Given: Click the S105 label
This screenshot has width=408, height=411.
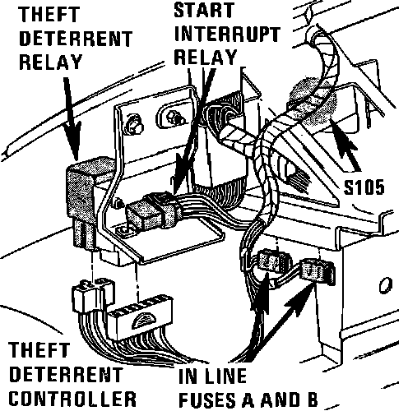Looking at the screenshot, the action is point(364,187).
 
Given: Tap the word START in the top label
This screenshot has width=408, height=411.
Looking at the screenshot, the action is point(204,10).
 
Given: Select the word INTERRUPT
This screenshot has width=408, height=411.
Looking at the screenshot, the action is point(227,35).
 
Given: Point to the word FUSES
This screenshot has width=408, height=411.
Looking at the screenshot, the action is point(209,399).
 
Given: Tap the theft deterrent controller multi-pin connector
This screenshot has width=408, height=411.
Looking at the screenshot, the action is point(140,319).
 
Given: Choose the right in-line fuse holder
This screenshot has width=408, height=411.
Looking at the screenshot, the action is point(318,271).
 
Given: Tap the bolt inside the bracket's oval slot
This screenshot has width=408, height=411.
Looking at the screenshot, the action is point(174,117).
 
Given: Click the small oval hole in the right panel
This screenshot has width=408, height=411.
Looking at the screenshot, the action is point(386,285).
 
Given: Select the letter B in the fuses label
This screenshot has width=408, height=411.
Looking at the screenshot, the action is point(311,399).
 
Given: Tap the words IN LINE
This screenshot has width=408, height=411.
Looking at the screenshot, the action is point(212,376).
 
